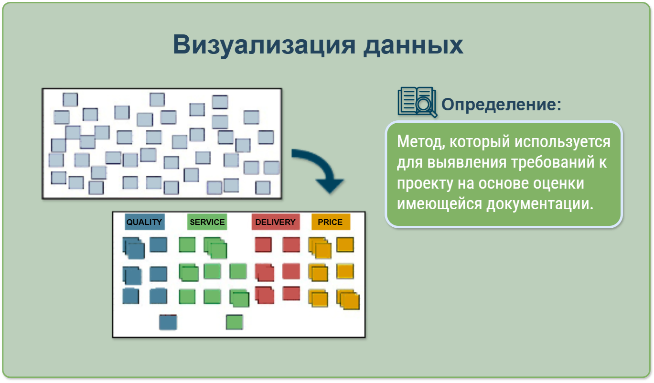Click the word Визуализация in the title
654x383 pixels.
pyautogui.click(x=264, y=45)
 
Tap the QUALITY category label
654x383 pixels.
pyautogui.click(x=145, y=222)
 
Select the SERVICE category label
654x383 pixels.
pyautogui.click(x=207, y=222)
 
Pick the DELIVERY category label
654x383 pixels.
pyautogui.click(x=276, y=222)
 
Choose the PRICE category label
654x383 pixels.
pyautogui.click(x=331, y=222)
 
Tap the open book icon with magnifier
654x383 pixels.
pyautogui.click(x=417, y=102)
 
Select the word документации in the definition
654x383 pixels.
pyautogui.click(x=540, y=204)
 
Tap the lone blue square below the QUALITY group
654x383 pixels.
pyautogui.click(x=168, y=322)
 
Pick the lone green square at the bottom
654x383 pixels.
pyautogui.click(x=235, y=322)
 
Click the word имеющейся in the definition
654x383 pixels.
pyautogui.click(x=440, y=204)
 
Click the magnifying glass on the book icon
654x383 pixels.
pyautogui.click(x=425, y=106)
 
